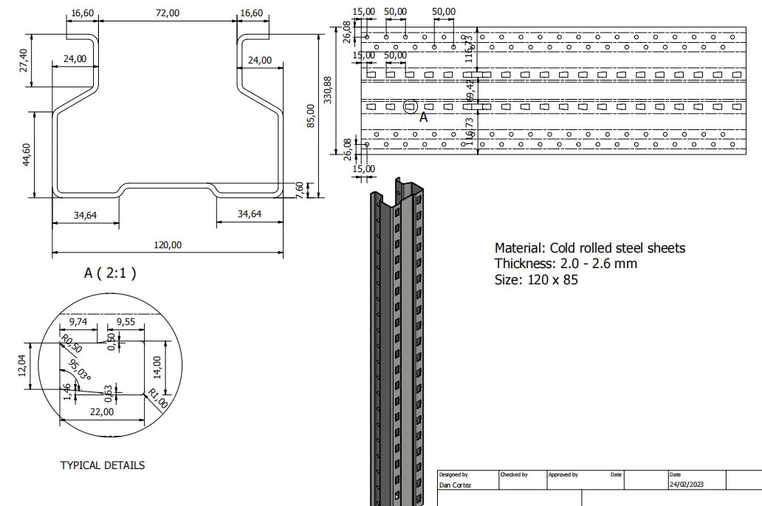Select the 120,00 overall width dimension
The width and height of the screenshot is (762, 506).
(167, 245)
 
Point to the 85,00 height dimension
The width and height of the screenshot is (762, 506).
(310, 115)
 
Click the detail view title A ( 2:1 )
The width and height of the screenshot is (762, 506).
(110, 273)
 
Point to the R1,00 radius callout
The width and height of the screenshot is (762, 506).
(157, 399)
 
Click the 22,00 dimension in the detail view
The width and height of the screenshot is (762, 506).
(101, 412)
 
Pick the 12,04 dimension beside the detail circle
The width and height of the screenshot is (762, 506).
(22, 365)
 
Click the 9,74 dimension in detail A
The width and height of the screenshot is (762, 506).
(78, 322)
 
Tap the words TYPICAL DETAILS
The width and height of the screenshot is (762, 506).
(102, 465)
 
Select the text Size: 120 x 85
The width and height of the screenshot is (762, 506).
(535, 280)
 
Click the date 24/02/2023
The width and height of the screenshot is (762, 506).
(687, 485)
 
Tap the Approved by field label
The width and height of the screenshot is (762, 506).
(563, 475)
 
